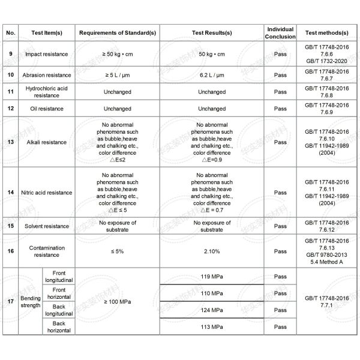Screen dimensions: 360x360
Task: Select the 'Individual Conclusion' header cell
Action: pos(280,32)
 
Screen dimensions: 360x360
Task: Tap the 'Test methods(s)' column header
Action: pos(327,32)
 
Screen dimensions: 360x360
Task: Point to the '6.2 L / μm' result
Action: pos(211,75)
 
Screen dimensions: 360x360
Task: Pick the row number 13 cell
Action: pos(11,142)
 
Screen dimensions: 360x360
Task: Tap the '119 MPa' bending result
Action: pos(211,277)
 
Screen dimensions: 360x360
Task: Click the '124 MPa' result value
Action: pos(211,310)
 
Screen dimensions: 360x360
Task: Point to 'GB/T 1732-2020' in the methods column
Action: pos(327,61)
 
